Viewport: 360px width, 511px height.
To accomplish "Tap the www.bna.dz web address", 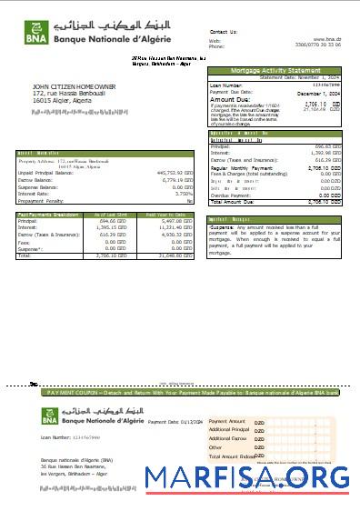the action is [327, 40].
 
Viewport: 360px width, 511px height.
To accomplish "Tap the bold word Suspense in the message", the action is [225, 226].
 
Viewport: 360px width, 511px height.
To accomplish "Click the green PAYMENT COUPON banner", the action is [192, 393].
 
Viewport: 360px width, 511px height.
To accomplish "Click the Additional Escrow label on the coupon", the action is [228, 438].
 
